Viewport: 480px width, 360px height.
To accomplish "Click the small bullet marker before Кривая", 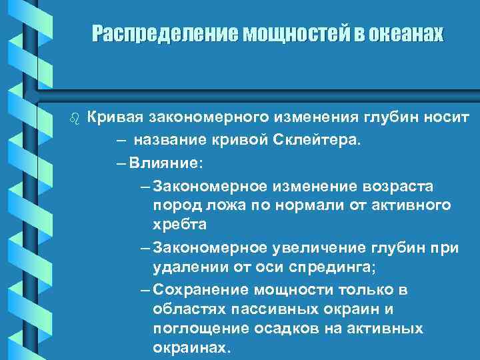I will coord(74,119).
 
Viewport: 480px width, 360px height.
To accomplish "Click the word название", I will coord(168,139).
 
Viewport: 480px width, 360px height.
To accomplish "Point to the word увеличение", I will coord(311,248).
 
